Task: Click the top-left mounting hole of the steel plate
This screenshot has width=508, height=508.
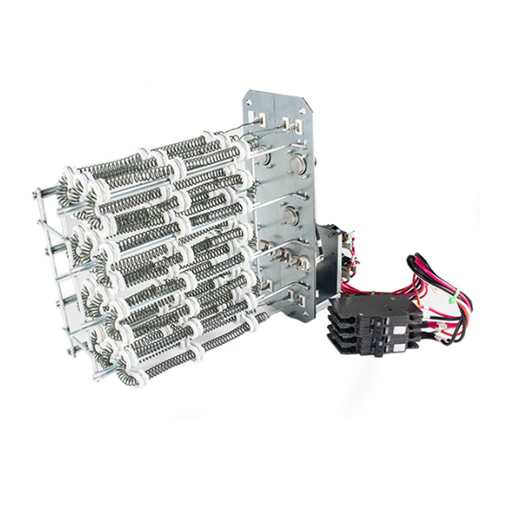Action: point(263,97)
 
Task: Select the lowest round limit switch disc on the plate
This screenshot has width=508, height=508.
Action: point(291,211)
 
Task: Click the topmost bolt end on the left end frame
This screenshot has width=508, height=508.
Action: point(37,192)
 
